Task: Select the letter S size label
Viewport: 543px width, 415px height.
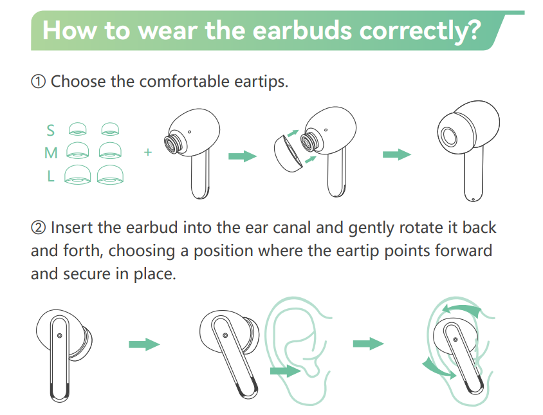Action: tap(51, 130)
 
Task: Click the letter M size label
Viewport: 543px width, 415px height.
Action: tap(51, 152)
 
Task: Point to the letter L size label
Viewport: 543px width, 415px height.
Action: tap(51, 176)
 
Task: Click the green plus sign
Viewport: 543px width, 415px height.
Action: tap(148, 152)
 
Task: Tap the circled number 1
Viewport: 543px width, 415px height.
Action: tap(38, 82)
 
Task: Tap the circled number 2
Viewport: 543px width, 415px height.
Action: tap(38, 228)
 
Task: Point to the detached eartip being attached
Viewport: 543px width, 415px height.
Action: tap(288, 154)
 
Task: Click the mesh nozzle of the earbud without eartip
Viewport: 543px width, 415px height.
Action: tap(171, 143)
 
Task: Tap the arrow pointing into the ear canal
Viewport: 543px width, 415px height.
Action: tap(285, 371)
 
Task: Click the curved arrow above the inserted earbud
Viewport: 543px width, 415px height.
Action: tap(462, 309)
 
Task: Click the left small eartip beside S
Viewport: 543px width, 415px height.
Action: tap(78, 129)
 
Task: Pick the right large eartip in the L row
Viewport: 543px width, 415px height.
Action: tap(110, 174)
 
